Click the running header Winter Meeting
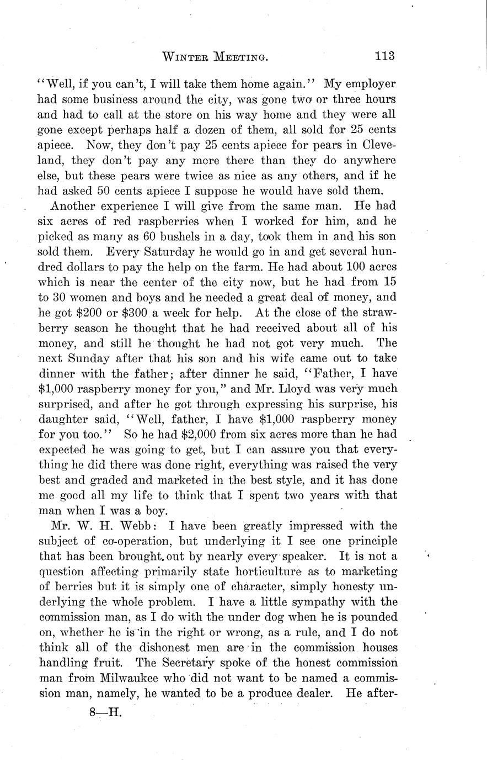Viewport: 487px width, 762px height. tap(216, 56)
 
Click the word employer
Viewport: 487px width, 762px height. tap(368, 85)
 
